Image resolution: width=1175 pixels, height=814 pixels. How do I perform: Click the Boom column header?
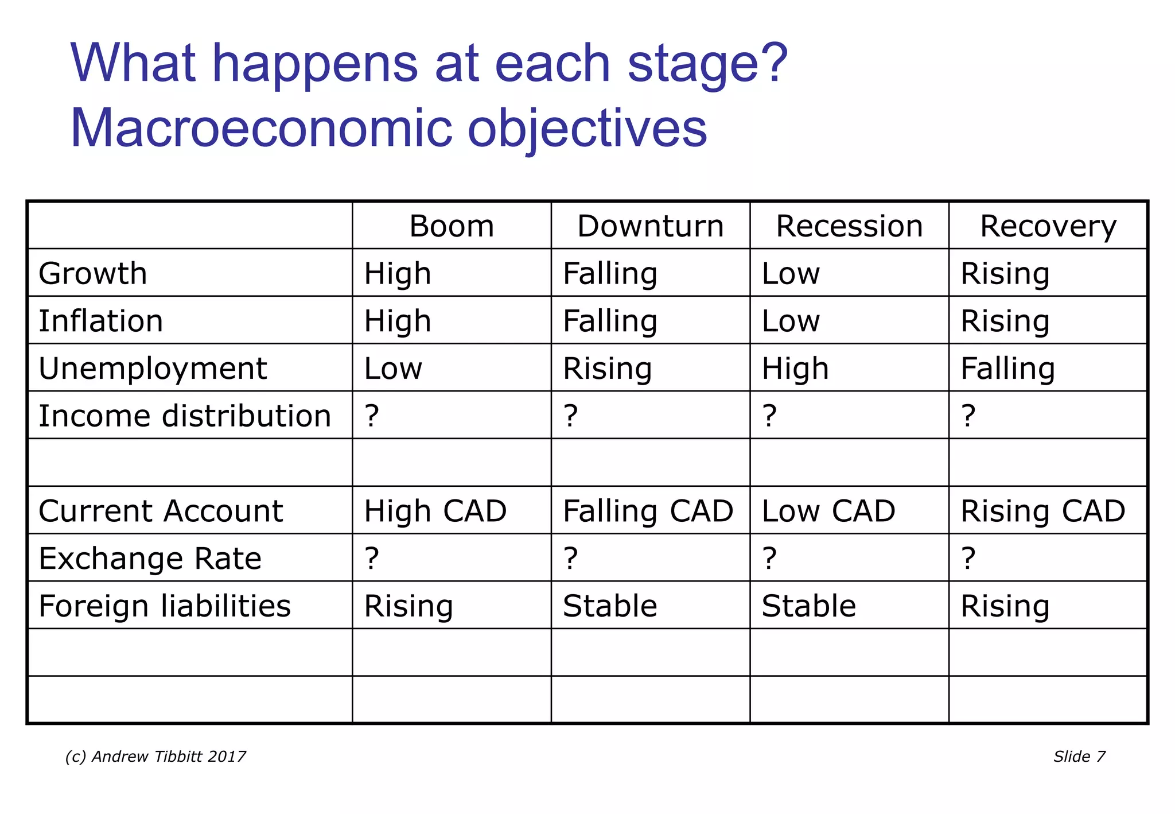pyautogui.click(x=452, y=226)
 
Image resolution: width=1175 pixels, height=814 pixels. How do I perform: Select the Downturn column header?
pyautogui.click(x=650, y=226)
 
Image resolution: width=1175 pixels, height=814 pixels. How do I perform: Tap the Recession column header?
pyautogui.click(x=849, y=226)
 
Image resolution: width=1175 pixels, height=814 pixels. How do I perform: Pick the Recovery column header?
pyautogui.click(x=1048, y=226)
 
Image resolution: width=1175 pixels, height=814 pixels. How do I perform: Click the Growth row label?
pyautogui.click(x=93, y=273)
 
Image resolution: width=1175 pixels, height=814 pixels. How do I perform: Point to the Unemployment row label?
pyautogui.click(x=153, y=368)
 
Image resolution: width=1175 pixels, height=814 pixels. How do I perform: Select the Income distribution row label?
pyautogui.click(x=185, y=416)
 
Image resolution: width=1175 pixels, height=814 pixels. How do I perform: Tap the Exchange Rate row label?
pyautogui.click(x=150, y=558)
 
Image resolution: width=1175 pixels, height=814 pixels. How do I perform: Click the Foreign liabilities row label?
pyautogui.click(x=165, y=606)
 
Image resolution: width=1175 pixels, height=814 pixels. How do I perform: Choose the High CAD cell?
pyautogui.click(x=435, y=511)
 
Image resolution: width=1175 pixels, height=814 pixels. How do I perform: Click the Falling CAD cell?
pyautogui.click(x=648, y=511)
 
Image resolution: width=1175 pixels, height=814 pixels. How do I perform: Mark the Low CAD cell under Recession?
pyautogui.click(x=828, y=511)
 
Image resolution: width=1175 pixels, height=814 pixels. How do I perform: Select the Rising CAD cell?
pyautogui.click(x=1042, y=511)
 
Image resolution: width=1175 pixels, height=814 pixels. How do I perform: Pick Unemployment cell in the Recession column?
pyautogui.click(x=795, y=368)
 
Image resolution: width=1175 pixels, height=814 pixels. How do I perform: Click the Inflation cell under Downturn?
pyautogui.click(x=609, y=321)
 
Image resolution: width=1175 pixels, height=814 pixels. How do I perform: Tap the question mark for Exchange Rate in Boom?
pyautogui.click(x=372, y=558)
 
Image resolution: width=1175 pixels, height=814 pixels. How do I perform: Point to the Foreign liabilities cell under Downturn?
pyautogui.click(x=609, y=606)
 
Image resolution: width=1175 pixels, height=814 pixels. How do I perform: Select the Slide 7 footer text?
pyautogui.click(x=1079, y=757)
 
